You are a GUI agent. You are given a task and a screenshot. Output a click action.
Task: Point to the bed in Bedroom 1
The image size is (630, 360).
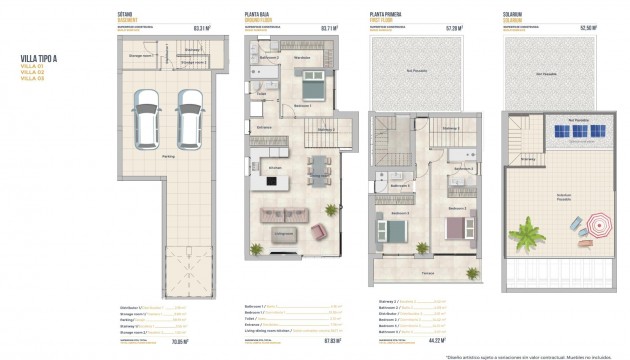coord(310,87)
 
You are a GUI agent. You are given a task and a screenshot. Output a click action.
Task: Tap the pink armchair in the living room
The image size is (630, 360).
coord(319,232)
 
